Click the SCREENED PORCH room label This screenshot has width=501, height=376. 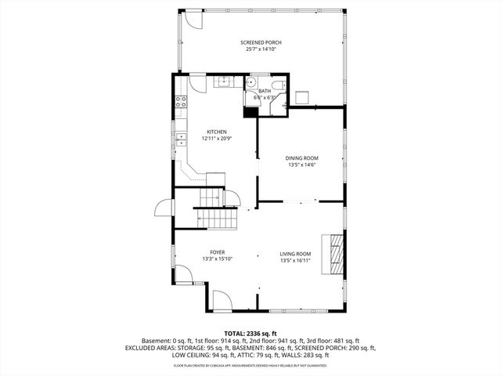[261, 42]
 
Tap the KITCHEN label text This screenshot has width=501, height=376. [217, 132]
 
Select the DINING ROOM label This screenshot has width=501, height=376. [301, 158]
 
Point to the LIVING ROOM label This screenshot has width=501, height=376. [296, 254]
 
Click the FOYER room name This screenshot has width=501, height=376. [217, 252]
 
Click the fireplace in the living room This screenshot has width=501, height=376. [335, 255]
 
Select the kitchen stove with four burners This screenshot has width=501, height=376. [181, 101]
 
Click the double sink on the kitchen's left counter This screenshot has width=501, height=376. [181, 139]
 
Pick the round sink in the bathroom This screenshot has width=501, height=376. [251, 83]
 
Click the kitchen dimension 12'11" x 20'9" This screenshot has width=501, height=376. [217, 139]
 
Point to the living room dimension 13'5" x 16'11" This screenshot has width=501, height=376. [296, 260]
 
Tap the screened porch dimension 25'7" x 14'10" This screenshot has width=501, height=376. [261, 49]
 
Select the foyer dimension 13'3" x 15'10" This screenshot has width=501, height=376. [217, 259]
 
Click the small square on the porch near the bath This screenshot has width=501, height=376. [303, 96]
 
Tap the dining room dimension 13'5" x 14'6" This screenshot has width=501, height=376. [301, 165]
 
